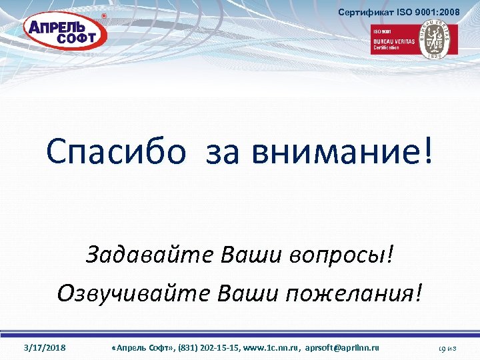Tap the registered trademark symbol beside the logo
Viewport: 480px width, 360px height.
[x=103, y=15]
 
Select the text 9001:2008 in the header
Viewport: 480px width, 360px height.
[x=437, y=13]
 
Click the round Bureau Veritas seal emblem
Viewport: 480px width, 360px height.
[x=437, y=39]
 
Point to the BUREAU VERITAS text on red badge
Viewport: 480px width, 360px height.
[x=393, y=41]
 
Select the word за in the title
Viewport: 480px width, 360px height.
[x=227, y=151]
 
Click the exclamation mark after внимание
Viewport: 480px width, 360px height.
[x=427, y=151]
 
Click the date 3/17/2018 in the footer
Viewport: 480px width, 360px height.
[x=45, y=348]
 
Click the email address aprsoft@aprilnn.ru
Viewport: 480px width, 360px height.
[x=342, y=348]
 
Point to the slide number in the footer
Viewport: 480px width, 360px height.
[x=446, y=348]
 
